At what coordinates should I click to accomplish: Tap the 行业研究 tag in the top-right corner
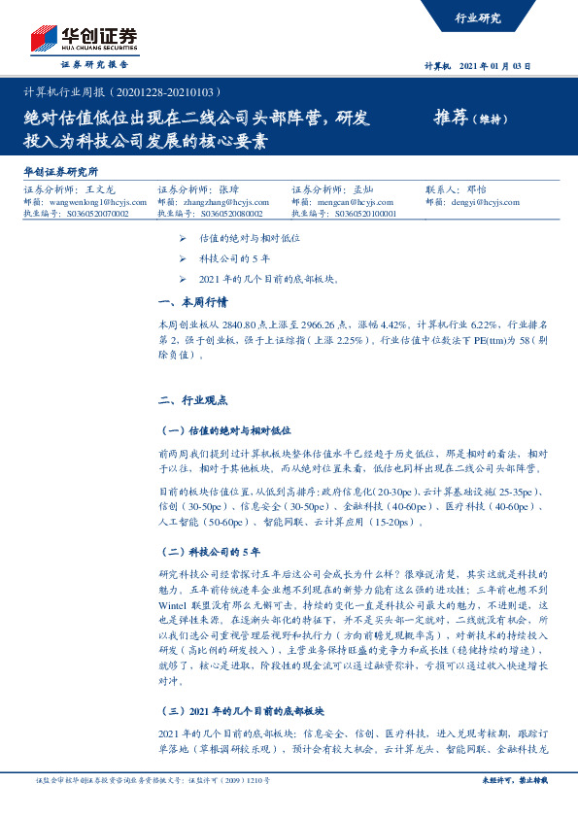[478, 17]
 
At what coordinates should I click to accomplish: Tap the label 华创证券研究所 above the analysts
[60, 171]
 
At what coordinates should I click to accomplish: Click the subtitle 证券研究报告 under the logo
[95, 64]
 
